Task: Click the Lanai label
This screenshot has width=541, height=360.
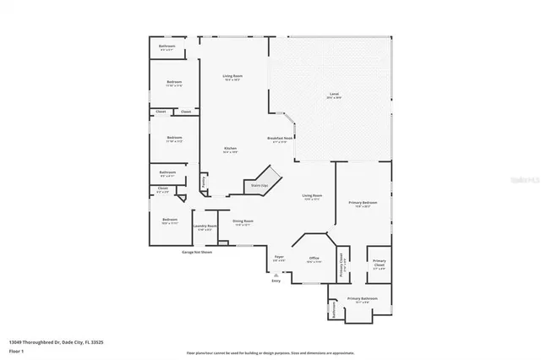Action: pyautogui.click(x=334, y=95)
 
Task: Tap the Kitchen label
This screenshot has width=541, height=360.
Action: pyautogui.click(x=229, y=149)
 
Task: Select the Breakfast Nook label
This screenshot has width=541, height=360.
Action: pyautogui.click(x=280, y=138)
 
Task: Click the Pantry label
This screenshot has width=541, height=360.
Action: pyautogui.click(x=204, y=181)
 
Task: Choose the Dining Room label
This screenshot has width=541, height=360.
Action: pyautogui.click(x=243, y=221)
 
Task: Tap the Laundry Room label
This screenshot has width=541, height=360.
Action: pyautogui.click(x=205, y=226)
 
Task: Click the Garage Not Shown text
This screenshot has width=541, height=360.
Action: pyautogui.click(x=196, y=252)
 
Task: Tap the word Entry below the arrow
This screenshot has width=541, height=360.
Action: pyautogui.click(x=276, y=281)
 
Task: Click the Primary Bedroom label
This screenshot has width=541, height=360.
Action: pyautogui.click(x=363, y=203)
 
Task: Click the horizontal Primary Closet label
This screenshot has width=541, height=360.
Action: pyautogui.click(x=379, y=262)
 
